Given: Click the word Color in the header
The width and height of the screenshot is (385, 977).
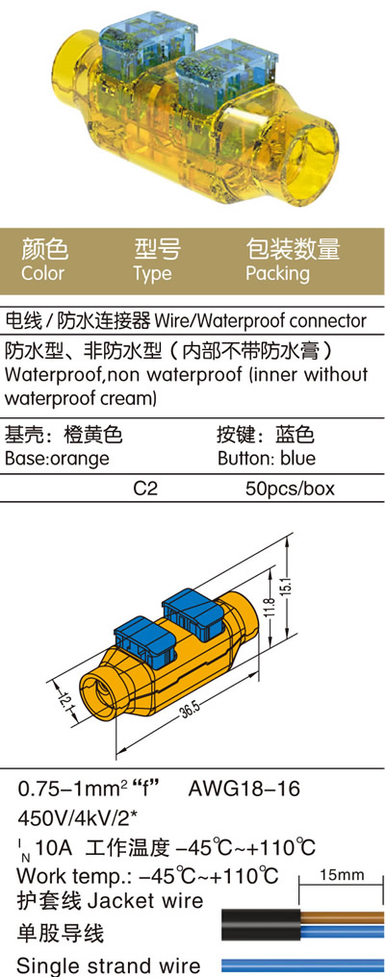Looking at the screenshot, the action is point(42,273).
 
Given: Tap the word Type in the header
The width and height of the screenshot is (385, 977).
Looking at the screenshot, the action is point(152,274).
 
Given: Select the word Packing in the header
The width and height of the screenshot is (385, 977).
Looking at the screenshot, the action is point(277,274).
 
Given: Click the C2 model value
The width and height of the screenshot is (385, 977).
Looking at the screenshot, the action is point(146,488).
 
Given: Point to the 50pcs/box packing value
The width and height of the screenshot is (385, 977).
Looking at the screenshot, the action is point(290,489).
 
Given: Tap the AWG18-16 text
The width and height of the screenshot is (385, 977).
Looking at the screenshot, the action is point(244,789).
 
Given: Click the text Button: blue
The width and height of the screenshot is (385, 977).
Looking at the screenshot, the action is point(267,459).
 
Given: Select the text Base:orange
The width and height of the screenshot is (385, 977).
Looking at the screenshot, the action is point(57,459).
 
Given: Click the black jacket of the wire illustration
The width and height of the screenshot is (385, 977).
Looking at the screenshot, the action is point(262,925).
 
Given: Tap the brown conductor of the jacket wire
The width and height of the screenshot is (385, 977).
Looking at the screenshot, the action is point(342,917).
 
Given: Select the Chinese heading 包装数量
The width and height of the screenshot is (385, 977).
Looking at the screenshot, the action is point(293,249).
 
